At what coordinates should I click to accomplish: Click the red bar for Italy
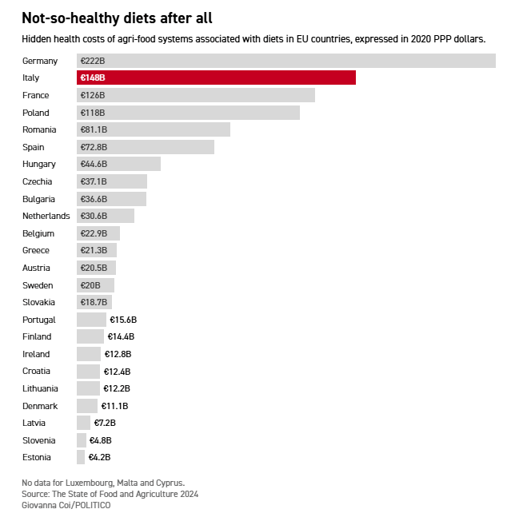(216, 78)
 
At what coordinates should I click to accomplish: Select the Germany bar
(286, 61)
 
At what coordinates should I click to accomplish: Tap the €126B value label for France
(92, 95)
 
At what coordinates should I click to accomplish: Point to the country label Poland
(36, 113)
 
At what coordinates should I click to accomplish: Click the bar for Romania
(154, 129)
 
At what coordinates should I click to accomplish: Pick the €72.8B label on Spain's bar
(94, 147)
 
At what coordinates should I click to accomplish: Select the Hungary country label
(39, 164)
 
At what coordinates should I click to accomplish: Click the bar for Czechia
(112, 181)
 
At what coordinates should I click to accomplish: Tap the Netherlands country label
(46, 216)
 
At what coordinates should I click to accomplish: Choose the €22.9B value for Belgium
(94, 233)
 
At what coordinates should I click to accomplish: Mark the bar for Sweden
(96, 285)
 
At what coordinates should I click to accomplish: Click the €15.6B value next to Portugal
(123, 320)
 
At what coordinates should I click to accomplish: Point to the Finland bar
(90, 336)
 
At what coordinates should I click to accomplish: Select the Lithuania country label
(41, 388)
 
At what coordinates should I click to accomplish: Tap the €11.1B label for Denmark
(114, 406)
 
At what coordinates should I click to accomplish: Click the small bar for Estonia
(81, 457)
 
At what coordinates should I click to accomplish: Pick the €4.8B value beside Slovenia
(100, 440)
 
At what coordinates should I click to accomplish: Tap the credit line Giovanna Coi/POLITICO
(66, 505)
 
